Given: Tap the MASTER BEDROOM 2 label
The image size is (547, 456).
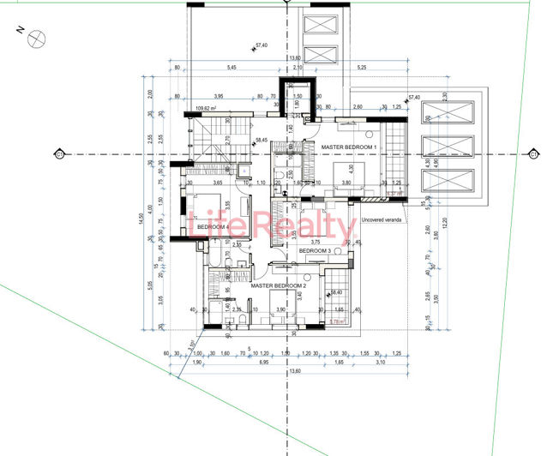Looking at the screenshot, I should click(x=279, y=285).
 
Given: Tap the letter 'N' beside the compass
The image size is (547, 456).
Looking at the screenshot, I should click(x=19, y=29).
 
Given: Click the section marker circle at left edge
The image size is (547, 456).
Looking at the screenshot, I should click(x=58, y=154).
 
